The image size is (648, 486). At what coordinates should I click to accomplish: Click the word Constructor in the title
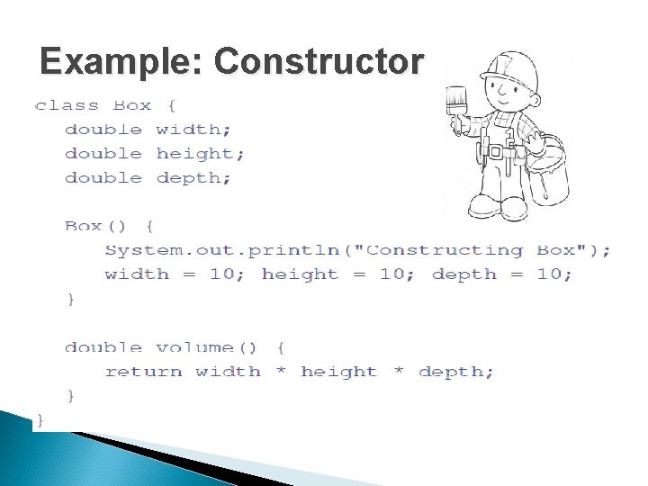[319, 61]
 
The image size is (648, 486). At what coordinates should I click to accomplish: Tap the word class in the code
[67, 106]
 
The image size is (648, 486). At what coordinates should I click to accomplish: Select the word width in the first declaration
[193, 130]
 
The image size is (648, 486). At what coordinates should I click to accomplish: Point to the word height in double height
[200, 154]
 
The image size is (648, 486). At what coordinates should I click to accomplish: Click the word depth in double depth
[193, 178]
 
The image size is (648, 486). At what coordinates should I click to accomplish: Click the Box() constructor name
[94, 226]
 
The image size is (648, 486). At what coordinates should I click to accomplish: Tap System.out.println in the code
[222, 250]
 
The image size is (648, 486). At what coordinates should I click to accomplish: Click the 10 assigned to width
[222, 274]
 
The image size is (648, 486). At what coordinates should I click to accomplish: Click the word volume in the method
[194, 347]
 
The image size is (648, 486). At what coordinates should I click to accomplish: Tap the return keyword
[143, 372]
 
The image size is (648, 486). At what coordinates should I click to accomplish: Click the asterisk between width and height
[281, 370]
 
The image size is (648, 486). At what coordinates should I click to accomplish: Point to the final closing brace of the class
[40, 420]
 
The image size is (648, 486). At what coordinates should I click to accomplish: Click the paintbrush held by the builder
[456, 110]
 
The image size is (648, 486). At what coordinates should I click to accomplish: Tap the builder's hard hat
[511, 71]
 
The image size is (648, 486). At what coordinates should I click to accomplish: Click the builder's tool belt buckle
[495, 152]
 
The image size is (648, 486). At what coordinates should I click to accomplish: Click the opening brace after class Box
[172, 106]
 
